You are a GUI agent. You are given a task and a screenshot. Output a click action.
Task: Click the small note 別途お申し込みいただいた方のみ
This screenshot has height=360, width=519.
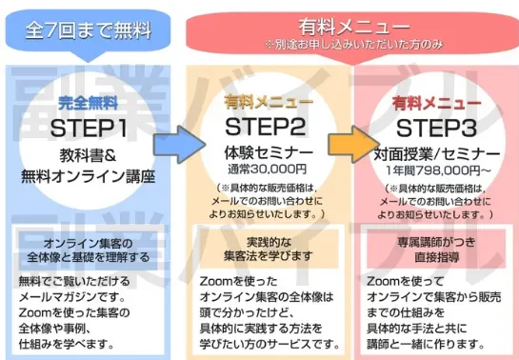tap(349, 44)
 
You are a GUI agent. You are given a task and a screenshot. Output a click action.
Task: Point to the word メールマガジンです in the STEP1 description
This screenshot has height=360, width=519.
tap(65, 297)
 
